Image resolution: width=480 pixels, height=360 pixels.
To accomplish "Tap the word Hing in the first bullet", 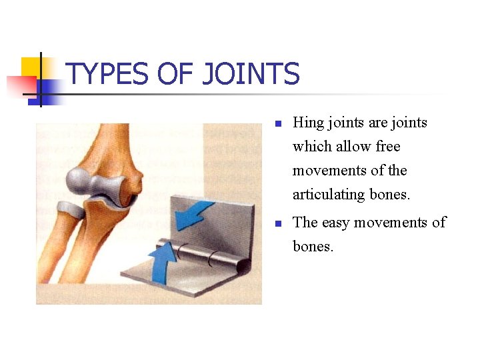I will pos(307,123).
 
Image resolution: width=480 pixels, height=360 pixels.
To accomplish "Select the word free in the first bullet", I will pos(388,147).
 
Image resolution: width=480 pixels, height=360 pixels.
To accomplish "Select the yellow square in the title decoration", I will pos(31,67).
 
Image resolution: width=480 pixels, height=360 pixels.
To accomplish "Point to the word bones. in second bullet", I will pos(313,247).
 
